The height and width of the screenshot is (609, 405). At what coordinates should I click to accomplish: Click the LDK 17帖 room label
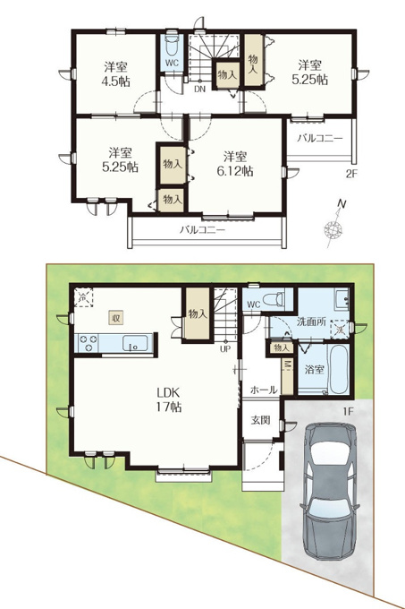point(169,399)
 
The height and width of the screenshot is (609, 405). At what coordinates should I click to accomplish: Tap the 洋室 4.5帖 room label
point(116,73)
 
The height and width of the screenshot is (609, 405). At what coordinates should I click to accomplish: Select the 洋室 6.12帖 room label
point(235,164)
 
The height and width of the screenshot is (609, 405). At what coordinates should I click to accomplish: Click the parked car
point(329,491)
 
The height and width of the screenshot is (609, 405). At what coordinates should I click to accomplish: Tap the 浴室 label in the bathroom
point(315,369)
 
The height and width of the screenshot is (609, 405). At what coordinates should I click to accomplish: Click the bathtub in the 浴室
point(338,369)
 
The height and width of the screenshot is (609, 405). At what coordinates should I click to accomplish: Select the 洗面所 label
point(311,322)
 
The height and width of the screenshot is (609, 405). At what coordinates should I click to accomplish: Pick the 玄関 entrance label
point(260,420)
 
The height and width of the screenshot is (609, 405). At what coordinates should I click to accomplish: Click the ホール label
point(264,390)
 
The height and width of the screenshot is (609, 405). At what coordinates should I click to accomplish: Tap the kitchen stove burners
point(88,343)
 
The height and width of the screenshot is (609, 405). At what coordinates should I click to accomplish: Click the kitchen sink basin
point(135,343)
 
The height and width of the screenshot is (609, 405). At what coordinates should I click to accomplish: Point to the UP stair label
point(225,348)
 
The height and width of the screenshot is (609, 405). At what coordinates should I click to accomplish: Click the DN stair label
point(199,89)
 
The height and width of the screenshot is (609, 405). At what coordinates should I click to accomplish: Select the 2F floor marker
point(351,175)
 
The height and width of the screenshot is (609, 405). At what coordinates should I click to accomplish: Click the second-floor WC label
point(172,62)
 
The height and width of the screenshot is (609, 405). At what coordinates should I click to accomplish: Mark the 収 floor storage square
point(116,318)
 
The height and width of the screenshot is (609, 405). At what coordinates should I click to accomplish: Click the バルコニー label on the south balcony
point(202,230)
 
